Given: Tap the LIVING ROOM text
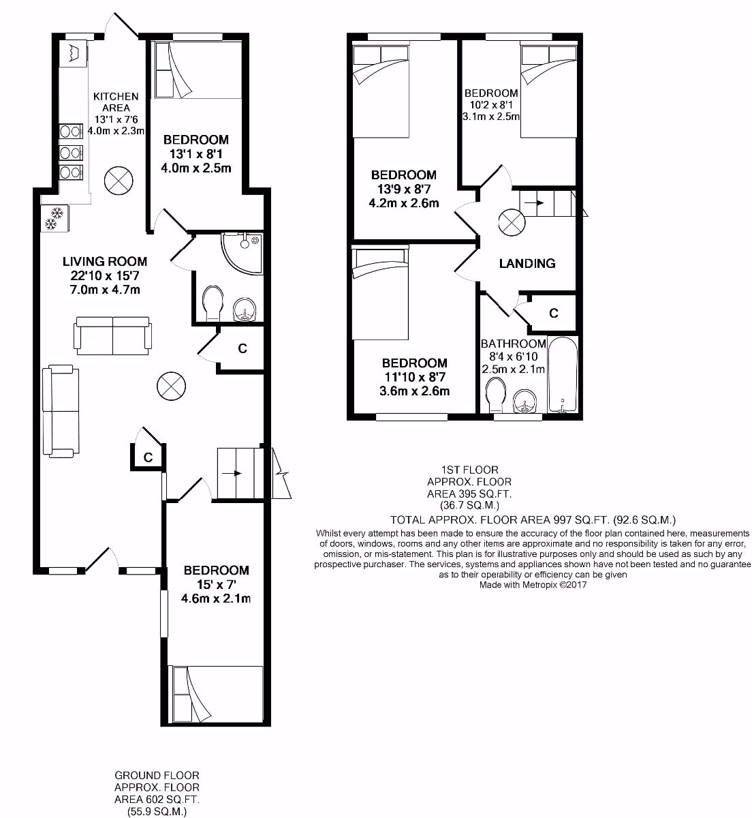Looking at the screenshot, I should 104,261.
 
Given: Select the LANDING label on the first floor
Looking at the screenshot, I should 527,263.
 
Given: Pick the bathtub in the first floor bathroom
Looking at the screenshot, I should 563,375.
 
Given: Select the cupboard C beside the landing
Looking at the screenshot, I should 553,313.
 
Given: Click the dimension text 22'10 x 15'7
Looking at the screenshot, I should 104,276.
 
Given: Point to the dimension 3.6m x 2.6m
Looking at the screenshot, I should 415,391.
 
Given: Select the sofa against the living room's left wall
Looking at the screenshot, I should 57,411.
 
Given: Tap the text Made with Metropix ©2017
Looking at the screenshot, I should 533,585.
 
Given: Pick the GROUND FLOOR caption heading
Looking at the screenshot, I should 157,775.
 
